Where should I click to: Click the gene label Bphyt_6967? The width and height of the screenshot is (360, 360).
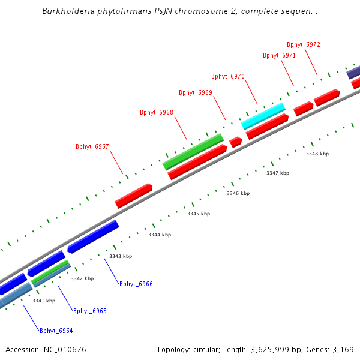pyautogui.click(x=92, y=146)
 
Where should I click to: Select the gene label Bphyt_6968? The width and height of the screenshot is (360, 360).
pyautogui.click(x=157, y=112)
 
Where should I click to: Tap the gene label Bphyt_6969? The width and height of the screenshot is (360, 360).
pyautogui.click(x=196, y=92)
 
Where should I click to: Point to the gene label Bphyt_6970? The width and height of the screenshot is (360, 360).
pyautogui.click(x=228, y=76)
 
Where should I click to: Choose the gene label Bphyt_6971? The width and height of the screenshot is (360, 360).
pyautogui.click(x=280, y=55)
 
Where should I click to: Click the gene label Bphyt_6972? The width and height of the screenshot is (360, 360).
pyautogui.click(x=304, y=44)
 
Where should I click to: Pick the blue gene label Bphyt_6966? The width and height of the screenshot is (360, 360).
pyautogui.click(x=136, y=284)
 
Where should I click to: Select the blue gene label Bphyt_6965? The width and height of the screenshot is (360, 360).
pyautogui.click(x=90, y=311)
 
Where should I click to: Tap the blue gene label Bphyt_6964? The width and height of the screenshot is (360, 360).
pyautogui.click(x=56, y=331)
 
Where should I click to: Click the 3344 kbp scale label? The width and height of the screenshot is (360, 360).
pyautogui.click(x=160, y=235)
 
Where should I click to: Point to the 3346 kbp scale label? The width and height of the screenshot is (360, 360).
pyautogui.click(x=238, y=193)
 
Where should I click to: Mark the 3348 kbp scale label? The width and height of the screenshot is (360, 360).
pyautogui.click(x=317, y=154)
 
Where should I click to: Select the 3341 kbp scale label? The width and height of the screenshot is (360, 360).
pyautogui.click(x=44, y=301)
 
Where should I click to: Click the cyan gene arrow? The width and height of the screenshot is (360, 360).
pyautogui.click(x=263, y=115)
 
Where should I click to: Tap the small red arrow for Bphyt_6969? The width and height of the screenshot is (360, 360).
pyautogui.click(x=236, y=142)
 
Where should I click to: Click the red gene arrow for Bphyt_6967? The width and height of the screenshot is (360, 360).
pyautogui.click(x=133, y=196)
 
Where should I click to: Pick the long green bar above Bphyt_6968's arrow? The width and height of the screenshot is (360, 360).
pyautogui.click(x=193, y=151)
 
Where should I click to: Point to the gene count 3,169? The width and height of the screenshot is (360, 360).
pyautogui.click(x=343, y=349)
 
